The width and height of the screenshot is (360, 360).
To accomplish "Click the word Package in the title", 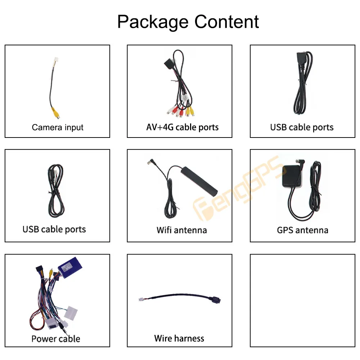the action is tap(153, 22).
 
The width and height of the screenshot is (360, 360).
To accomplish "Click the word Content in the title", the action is tap(226, 22).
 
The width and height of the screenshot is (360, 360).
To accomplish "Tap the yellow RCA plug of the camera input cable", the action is tap(55, 113).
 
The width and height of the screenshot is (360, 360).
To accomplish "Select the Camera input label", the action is tap(57, 127).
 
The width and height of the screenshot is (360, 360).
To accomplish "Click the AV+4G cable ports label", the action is tap(182, 127).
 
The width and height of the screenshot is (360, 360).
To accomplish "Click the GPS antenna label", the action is tap(303, 230).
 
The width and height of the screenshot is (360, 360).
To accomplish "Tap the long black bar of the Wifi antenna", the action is tap(199, 181).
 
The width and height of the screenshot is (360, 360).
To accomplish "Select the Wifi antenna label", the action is tap(181, 230).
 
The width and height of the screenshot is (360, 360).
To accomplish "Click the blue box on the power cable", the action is tap(70, 268).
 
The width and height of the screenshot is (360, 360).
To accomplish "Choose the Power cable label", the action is tap(56, 339).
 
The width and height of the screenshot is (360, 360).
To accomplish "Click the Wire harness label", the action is tap(179, 338).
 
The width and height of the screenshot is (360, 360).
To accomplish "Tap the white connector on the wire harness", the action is tap(141, 300).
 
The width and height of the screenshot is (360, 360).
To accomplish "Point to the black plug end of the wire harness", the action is tap(216, 300).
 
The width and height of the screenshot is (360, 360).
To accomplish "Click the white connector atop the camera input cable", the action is tap(56, 60).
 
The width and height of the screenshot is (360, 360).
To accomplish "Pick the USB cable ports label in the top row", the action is tap(302, 127).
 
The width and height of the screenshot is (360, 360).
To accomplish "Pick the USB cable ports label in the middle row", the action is tap(54, 229).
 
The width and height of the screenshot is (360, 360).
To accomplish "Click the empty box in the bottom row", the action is tap(303, 300).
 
